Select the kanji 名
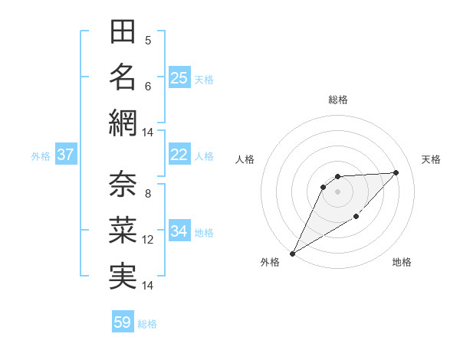point(123,77)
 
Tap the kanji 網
point(123,123)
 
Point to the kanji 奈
point(123,184)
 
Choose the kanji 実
point(123,275)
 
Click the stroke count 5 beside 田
point(148,41)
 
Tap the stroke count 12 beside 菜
point(148,240)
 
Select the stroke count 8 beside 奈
point(148,194)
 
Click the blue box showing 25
point(179,78)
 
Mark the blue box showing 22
point(179,155)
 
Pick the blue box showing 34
point(179,231)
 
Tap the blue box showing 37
point(66,155)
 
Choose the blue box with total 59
point(123,322)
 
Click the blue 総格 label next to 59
point(147,324)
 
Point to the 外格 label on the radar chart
point(270,262)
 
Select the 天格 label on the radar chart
point(432,159)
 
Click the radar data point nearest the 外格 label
point(292,253)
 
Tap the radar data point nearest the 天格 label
point(396,172)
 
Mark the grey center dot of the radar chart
point(337,191)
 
